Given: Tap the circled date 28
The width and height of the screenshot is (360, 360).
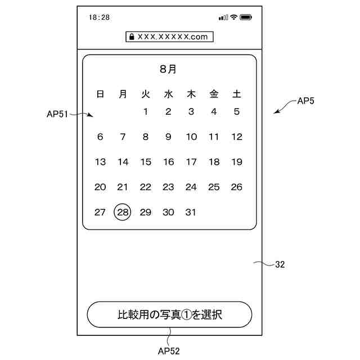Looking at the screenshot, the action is (x=123, y=212).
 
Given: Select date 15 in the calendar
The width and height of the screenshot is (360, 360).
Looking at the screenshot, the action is (x=146, y=162).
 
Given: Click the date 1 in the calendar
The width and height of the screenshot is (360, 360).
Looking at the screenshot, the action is (x=146, y=111).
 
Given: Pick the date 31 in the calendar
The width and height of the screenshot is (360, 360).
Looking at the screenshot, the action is (x=191, y=212).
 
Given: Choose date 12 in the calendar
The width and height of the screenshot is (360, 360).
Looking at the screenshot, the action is (x=237, y=137).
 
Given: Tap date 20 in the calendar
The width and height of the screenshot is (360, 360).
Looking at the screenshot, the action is (x=100, y=187).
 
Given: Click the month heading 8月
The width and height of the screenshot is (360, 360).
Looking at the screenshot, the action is (x=168, y=69).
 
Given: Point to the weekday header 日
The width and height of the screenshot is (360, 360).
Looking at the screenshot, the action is (x=100, y=94).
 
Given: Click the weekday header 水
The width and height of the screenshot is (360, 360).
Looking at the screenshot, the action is (x=168, y=94).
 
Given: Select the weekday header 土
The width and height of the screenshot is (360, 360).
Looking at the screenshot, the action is (x=237, y=94).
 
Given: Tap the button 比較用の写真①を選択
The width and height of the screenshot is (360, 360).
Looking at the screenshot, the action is (x=169, y=314).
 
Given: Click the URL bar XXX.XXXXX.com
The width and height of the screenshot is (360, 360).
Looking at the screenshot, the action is (x=169, y=37).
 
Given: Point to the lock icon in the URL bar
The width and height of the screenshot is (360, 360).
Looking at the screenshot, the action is (x=132, y=37).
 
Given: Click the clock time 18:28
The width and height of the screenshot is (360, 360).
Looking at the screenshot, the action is (x=99, y=17).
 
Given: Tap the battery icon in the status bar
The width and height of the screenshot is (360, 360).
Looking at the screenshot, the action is (x=246, y=17).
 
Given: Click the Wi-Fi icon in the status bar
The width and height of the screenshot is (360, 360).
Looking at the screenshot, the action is (x=233, y=17).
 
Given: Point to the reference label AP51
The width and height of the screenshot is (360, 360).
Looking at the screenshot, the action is (x=57, y=114).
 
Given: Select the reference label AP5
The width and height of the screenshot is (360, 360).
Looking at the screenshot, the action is (x=306, y=102).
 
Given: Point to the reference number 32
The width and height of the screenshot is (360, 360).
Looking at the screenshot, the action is (x=280, y=264).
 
